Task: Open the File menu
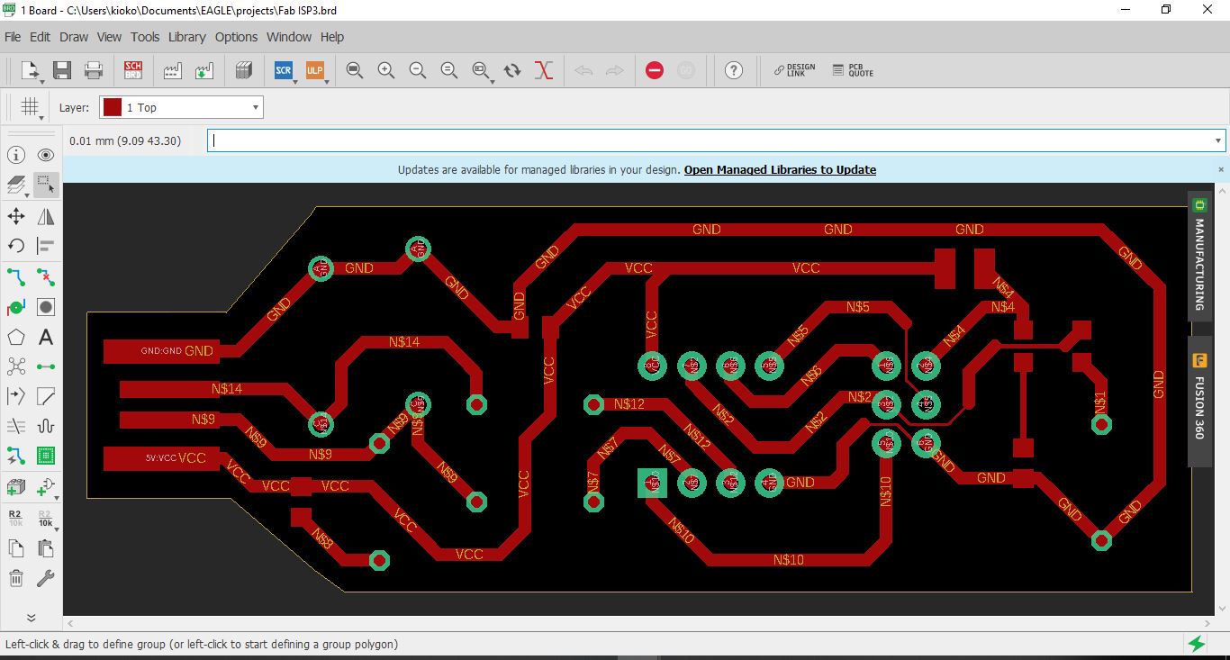pyautogui.click(x=13, y=37)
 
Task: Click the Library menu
pyautogui.click(x=186, y=37)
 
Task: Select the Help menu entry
pyautogui.click(x=332, y=37)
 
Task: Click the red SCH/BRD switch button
pyautogui.click(x=133, y=70)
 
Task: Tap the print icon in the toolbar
pyautogui.click(x=94, y=70)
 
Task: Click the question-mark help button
pyautogui.click(x=734, y=70)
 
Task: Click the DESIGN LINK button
pyautogui.click(x=794, y=70)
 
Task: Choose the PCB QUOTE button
pyautogui.click(x=853, y=70)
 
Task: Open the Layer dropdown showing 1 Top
pyautogui.click(x=181, y=108)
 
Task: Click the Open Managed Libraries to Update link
pyautogui.click(x=780, y=169)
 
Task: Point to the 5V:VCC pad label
pyautogui.click(x=161, y=458)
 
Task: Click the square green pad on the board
pyautogui.click(x=652, y=483)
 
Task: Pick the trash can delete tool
pyautogui.click(x=16, y=578)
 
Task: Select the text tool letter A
pyautogui.click(x=46, y=338)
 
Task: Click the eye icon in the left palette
pyautogui.click(x=46, y=156)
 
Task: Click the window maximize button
pyautogui.click(x=1166, y=10)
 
